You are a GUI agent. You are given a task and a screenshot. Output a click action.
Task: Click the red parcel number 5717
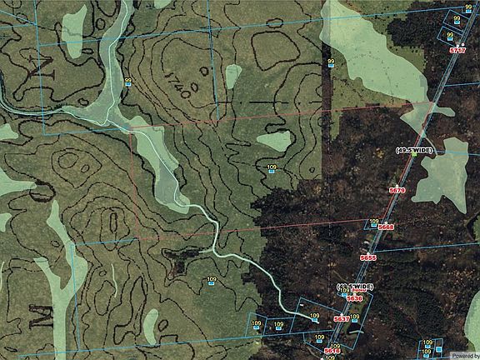coord(457,51)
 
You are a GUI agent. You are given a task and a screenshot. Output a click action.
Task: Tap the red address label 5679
coord(397,191)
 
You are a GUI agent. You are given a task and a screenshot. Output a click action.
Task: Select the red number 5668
coord(386,227)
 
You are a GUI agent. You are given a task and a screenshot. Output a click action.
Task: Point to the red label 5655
coord(367,258)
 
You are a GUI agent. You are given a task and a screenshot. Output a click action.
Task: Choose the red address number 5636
coord(355,297)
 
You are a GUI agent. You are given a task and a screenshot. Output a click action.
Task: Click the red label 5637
coord(341,320)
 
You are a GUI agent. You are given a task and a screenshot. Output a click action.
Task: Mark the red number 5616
coord(332,352)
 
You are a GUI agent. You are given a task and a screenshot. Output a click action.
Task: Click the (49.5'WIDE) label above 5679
coord(414,150)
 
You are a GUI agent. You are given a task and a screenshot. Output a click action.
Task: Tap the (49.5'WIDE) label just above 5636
coord(356,287)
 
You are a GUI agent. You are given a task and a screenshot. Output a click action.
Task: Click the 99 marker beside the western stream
coord(127,81)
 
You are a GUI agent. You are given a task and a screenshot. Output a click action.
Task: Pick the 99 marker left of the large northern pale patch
coord(331,63)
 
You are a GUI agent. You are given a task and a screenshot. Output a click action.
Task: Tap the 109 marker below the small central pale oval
coord(272,169)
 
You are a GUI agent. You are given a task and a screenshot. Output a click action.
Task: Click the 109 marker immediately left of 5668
coord(373,222)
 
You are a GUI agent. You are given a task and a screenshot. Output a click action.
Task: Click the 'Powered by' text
coord(463,354)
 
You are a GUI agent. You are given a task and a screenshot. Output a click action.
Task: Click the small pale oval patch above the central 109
coord(273,141)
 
